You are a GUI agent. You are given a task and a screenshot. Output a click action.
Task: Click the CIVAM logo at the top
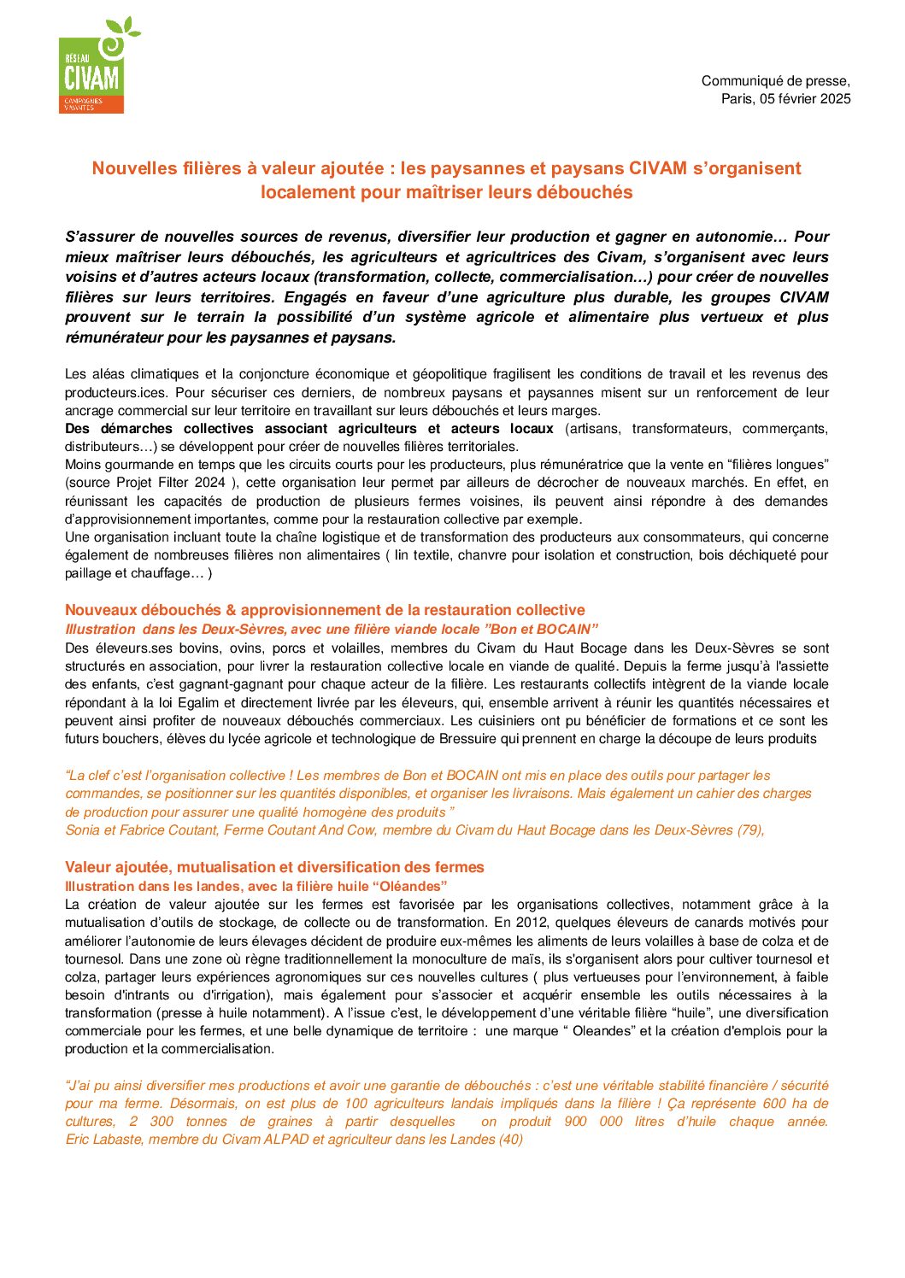[x=92, y=67]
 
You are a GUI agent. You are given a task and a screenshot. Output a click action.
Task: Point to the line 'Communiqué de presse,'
[x=775, y=81]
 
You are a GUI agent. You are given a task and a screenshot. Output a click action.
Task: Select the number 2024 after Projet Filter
[x=210, y=483]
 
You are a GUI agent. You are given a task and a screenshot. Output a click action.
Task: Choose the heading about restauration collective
[x=325, y=610]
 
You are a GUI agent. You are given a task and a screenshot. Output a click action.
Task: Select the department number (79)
[x=750, y=830]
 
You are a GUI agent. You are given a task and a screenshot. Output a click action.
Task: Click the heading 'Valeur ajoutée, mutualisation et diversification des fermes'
[x=274, y=867]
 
